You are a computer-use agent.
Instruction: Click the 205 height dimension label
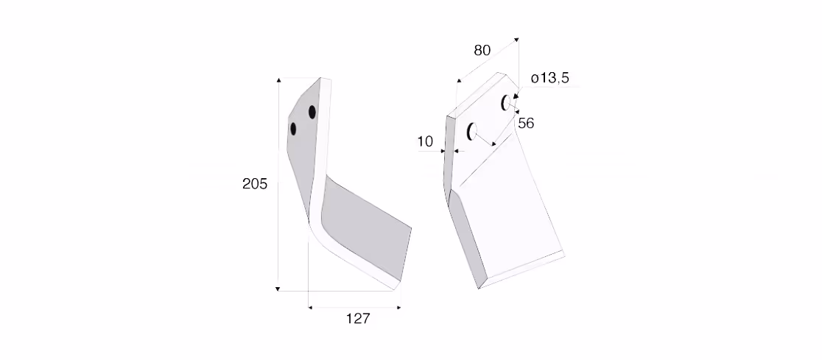tap(255, 184)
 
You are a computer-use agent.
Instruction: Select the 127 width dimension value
tap(358, 318)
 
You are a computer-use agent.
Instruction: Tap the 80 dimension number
tap(482, 50)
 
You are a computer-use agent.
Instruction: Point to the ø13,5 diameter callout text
tap(550, 79)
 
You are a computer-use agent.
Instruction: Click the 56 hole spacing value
tap(526, 123)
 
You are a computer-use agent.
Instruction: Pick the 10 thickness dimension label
tap(425, 141)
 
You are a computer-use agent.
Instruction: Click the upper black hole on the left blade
tap(312, 112)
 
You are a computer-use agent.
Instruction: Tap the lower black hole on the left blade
tap(293, 128)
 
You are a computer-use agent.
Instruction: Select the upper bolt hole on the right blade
tap(506, 103)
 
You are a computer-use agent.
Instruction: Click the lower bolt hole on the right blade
tap(472, 131)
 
